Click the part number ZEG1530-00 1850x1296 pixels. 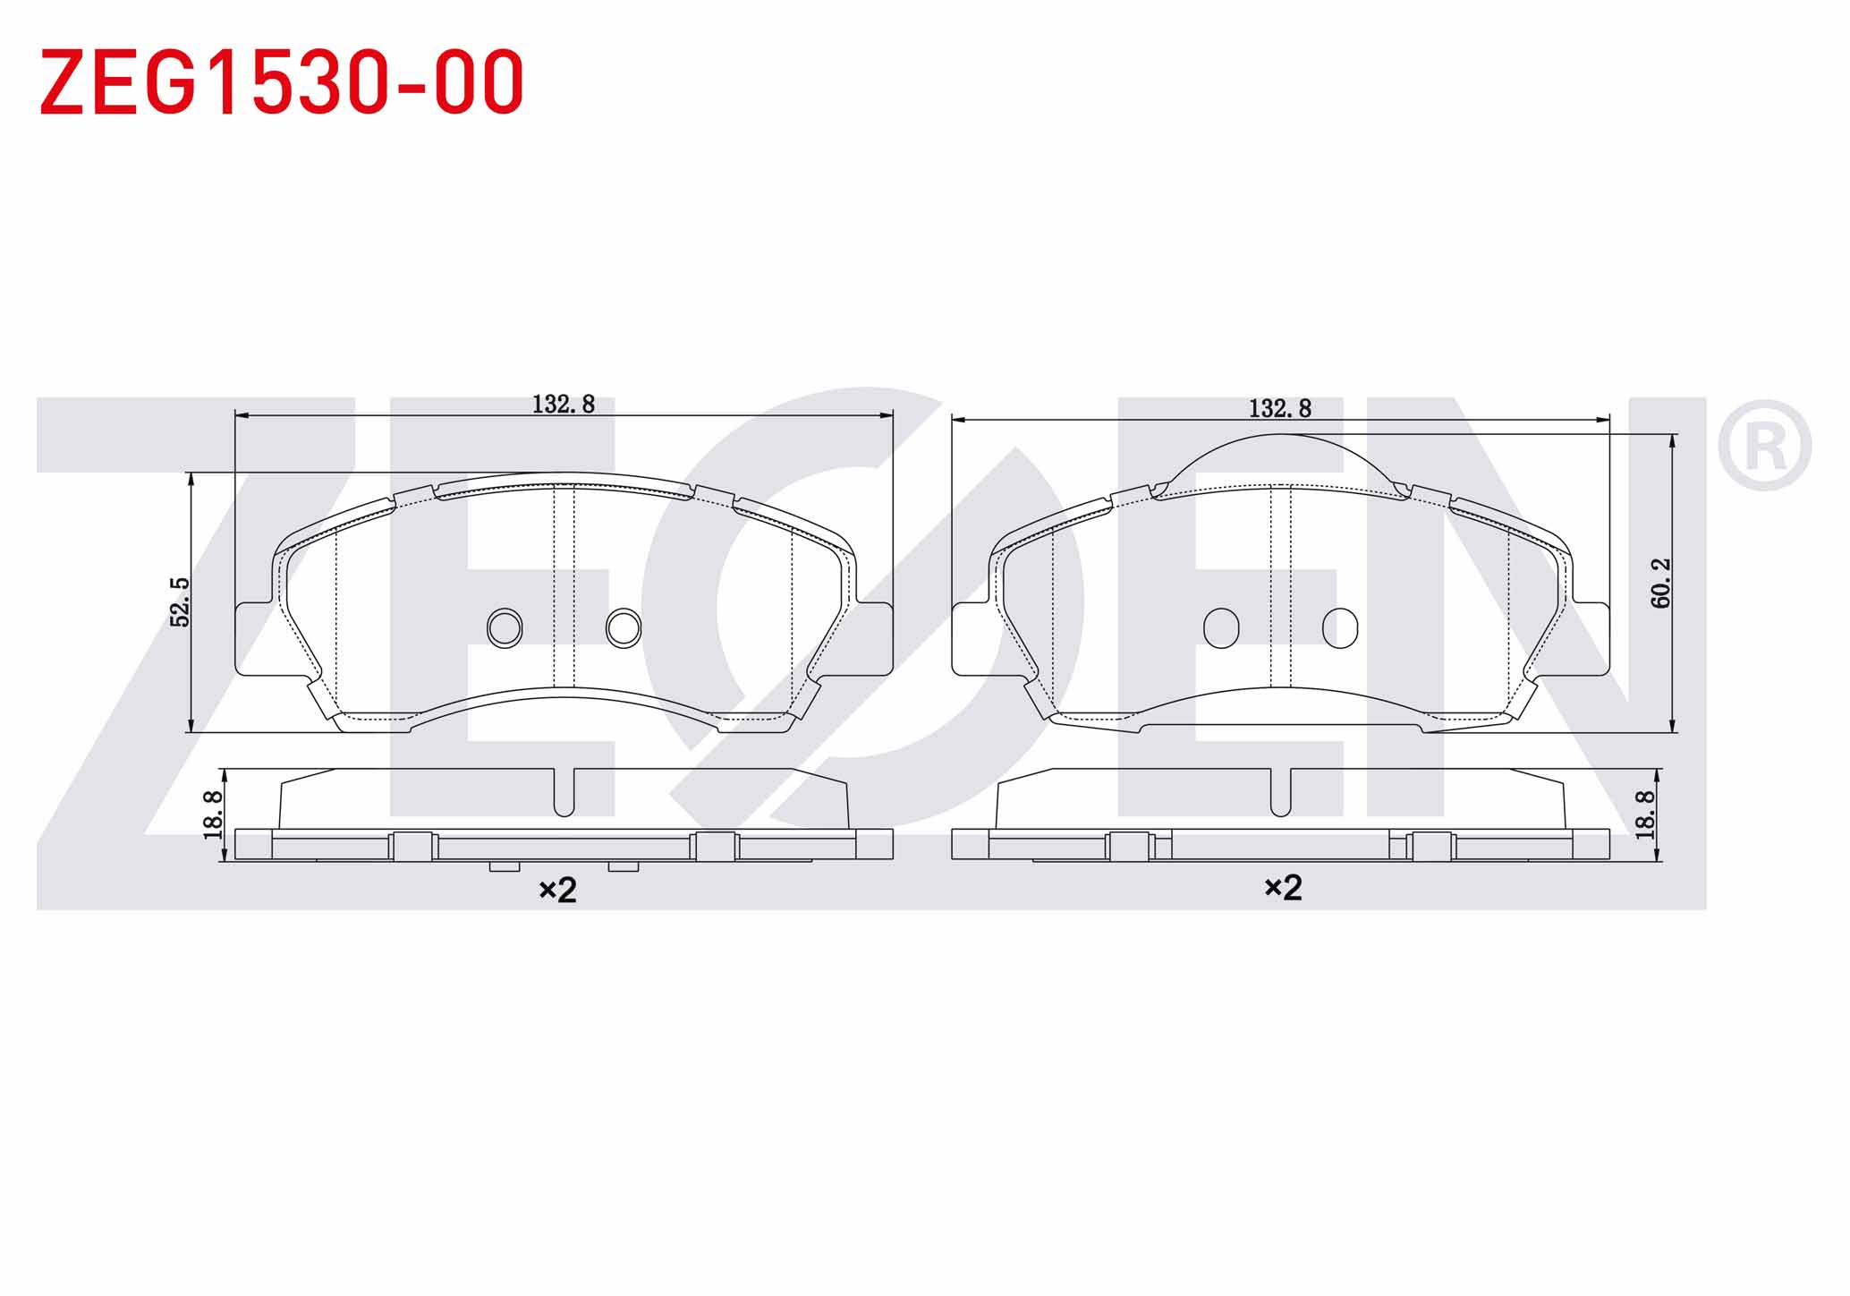282,82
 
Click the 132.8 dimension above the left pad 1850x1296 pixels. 564,405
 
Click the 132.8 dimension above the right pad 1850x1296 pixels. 1280,409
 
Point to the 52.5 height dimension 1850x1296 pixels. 181,602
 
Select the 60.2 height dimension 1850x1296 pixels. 1661,584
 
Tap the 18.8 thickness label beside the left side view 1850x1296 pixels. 213,814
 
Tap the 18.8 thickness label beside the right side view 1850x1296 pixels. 1645,814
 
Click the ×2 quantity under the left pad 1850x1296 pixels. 557,890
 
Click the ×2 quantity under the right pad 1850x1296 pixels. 1283,888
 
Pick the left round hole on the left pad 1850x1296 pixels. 505,628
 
